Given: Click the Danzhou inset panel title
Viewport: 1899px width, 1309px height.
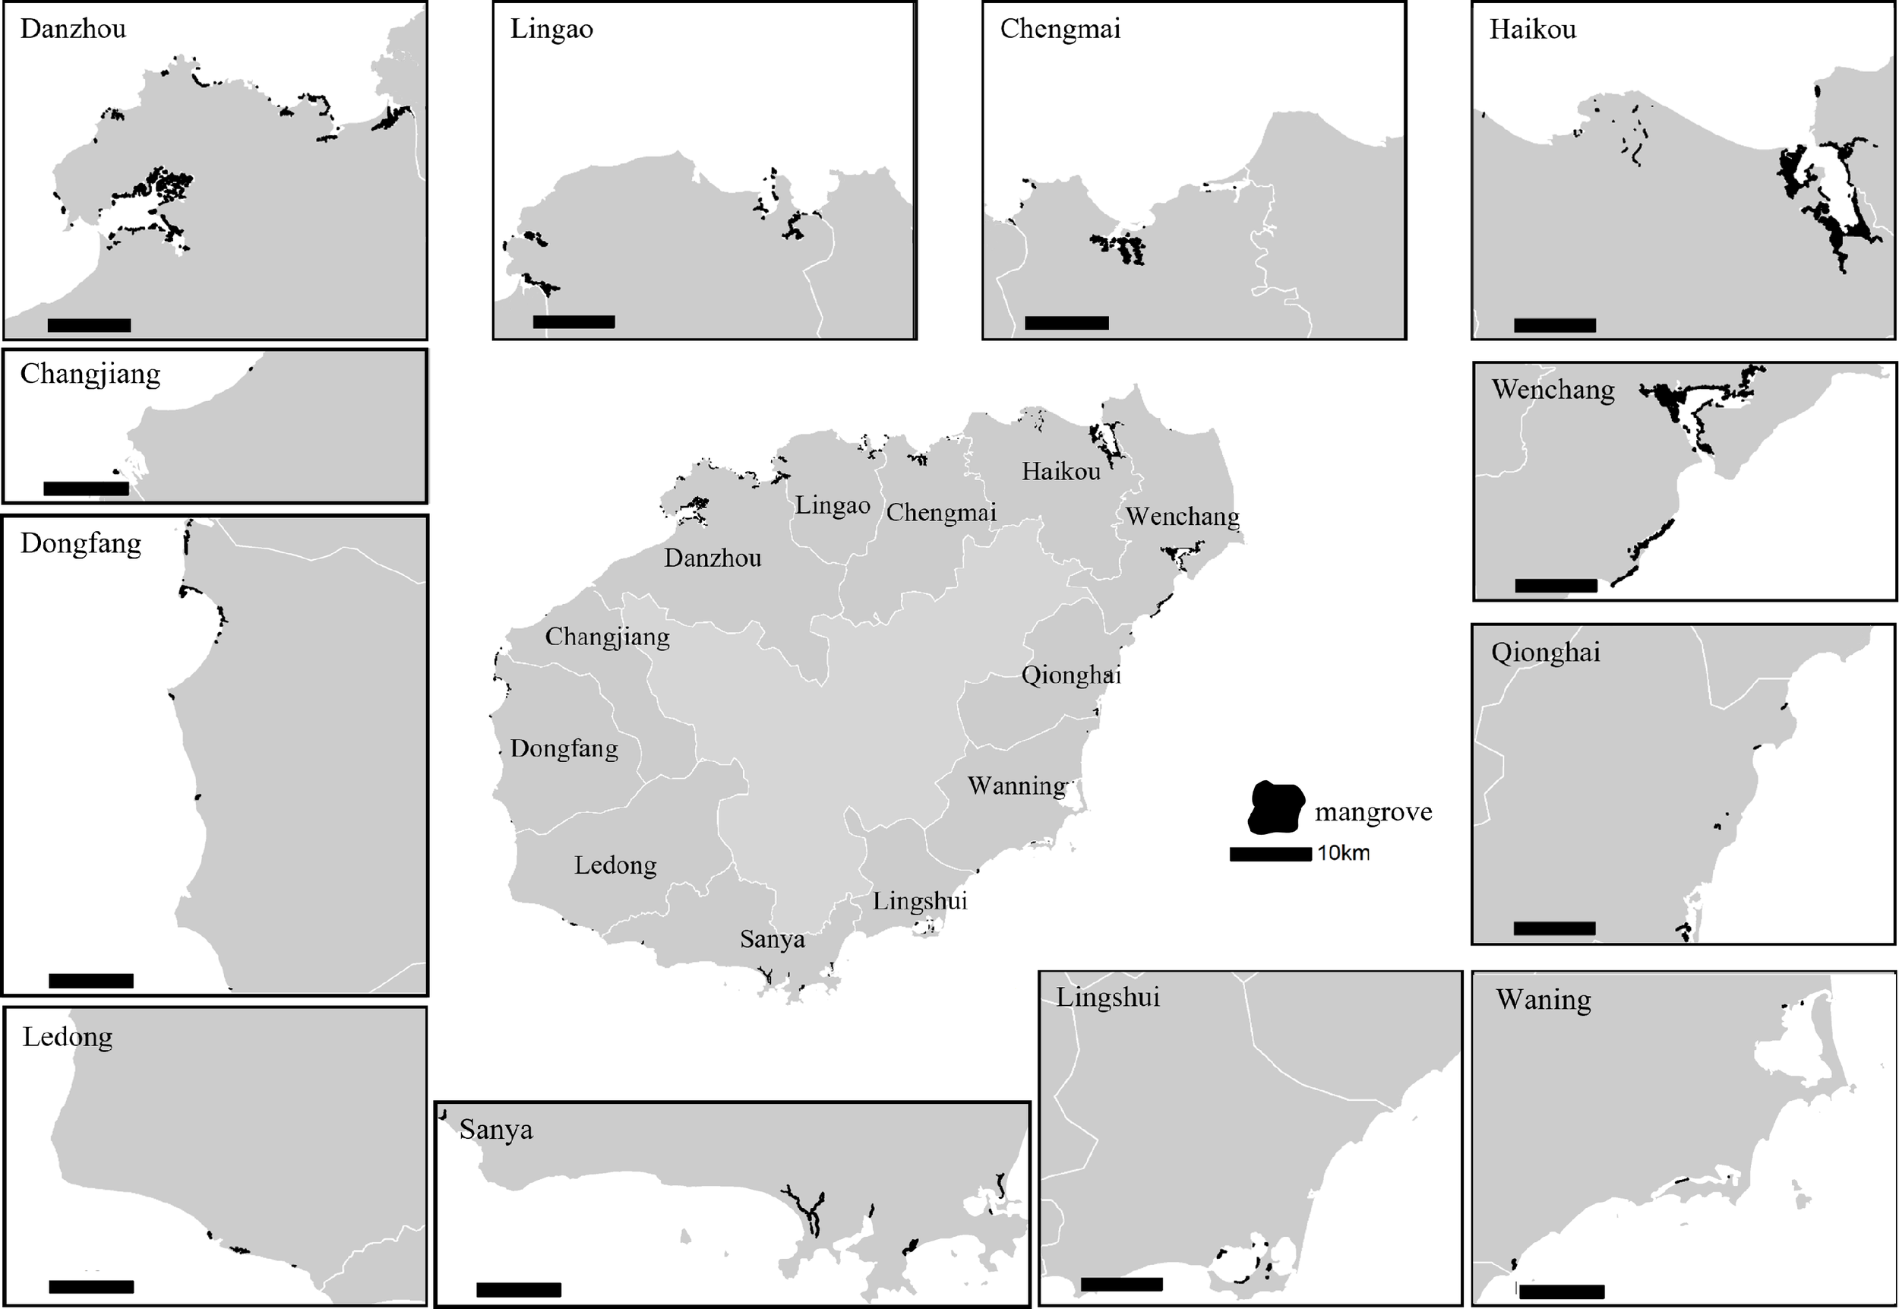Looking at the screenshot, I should (73, 30).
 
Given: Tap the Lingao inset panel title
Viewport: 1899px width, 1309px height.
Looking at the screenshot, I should (551, 30).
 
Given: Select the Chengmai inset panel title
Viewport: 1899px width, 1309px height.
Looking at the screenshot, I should (1060, 30).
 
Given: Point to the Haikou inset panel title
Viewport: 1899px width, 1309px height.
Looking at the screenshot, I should (1531, 30).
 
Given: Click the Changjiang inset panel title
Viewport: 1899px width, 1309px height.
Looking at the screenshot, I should (90, 375).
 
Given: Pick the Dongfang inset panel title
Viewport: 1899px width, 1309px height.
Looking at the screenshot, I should (81, 544).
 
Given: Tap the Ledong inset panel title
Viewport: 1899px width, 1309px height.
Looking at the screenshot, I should (68, 1037).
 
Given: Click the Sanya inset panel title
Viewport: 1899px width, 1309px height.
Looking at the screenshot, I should (496, 1130).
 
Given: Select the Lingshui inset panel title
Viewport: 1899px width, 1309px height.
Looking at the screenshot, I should (1107, 998).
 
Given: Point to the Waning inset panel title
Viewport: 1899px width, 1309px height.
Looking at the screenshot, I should (1544, 1000).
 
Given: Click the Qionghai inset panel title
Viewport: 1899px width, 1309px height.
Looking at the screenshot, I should (1545, 653).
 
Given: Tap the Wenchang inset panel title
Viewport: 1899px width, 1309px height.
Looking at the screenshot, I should (1553, 390).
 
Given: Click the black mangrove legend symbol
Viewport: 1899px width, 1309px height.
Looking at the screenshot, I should (1276, 807).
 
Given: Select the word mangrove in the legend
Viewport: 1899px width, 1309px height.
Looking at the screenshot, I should (1373, 812).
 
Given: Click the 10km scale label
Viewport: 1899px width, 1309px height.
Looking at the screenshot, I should (1343, 854).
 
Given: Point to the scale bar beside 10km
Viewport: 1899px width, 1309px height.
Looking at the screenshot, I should (1270, 855).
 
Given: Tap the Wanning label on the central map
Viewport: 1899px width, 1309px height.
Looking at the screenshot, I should (1017, 786).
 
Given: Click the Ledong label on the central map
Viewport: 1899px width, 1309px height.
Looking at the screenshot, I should (615, 865).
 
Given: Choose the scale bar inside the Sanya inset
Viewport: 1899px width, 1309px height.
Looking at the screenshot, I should (518, 1290).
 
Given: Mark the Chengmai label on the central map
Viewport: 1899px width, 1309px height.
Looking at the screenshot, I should (941, 514).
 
